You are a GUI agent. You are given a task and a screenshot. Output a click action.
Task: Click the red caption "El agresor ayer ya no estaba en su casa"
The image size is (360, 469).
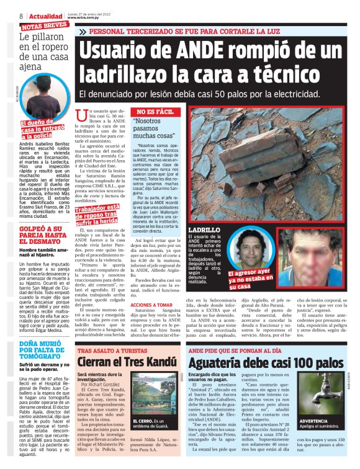[x=250, y=280]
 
